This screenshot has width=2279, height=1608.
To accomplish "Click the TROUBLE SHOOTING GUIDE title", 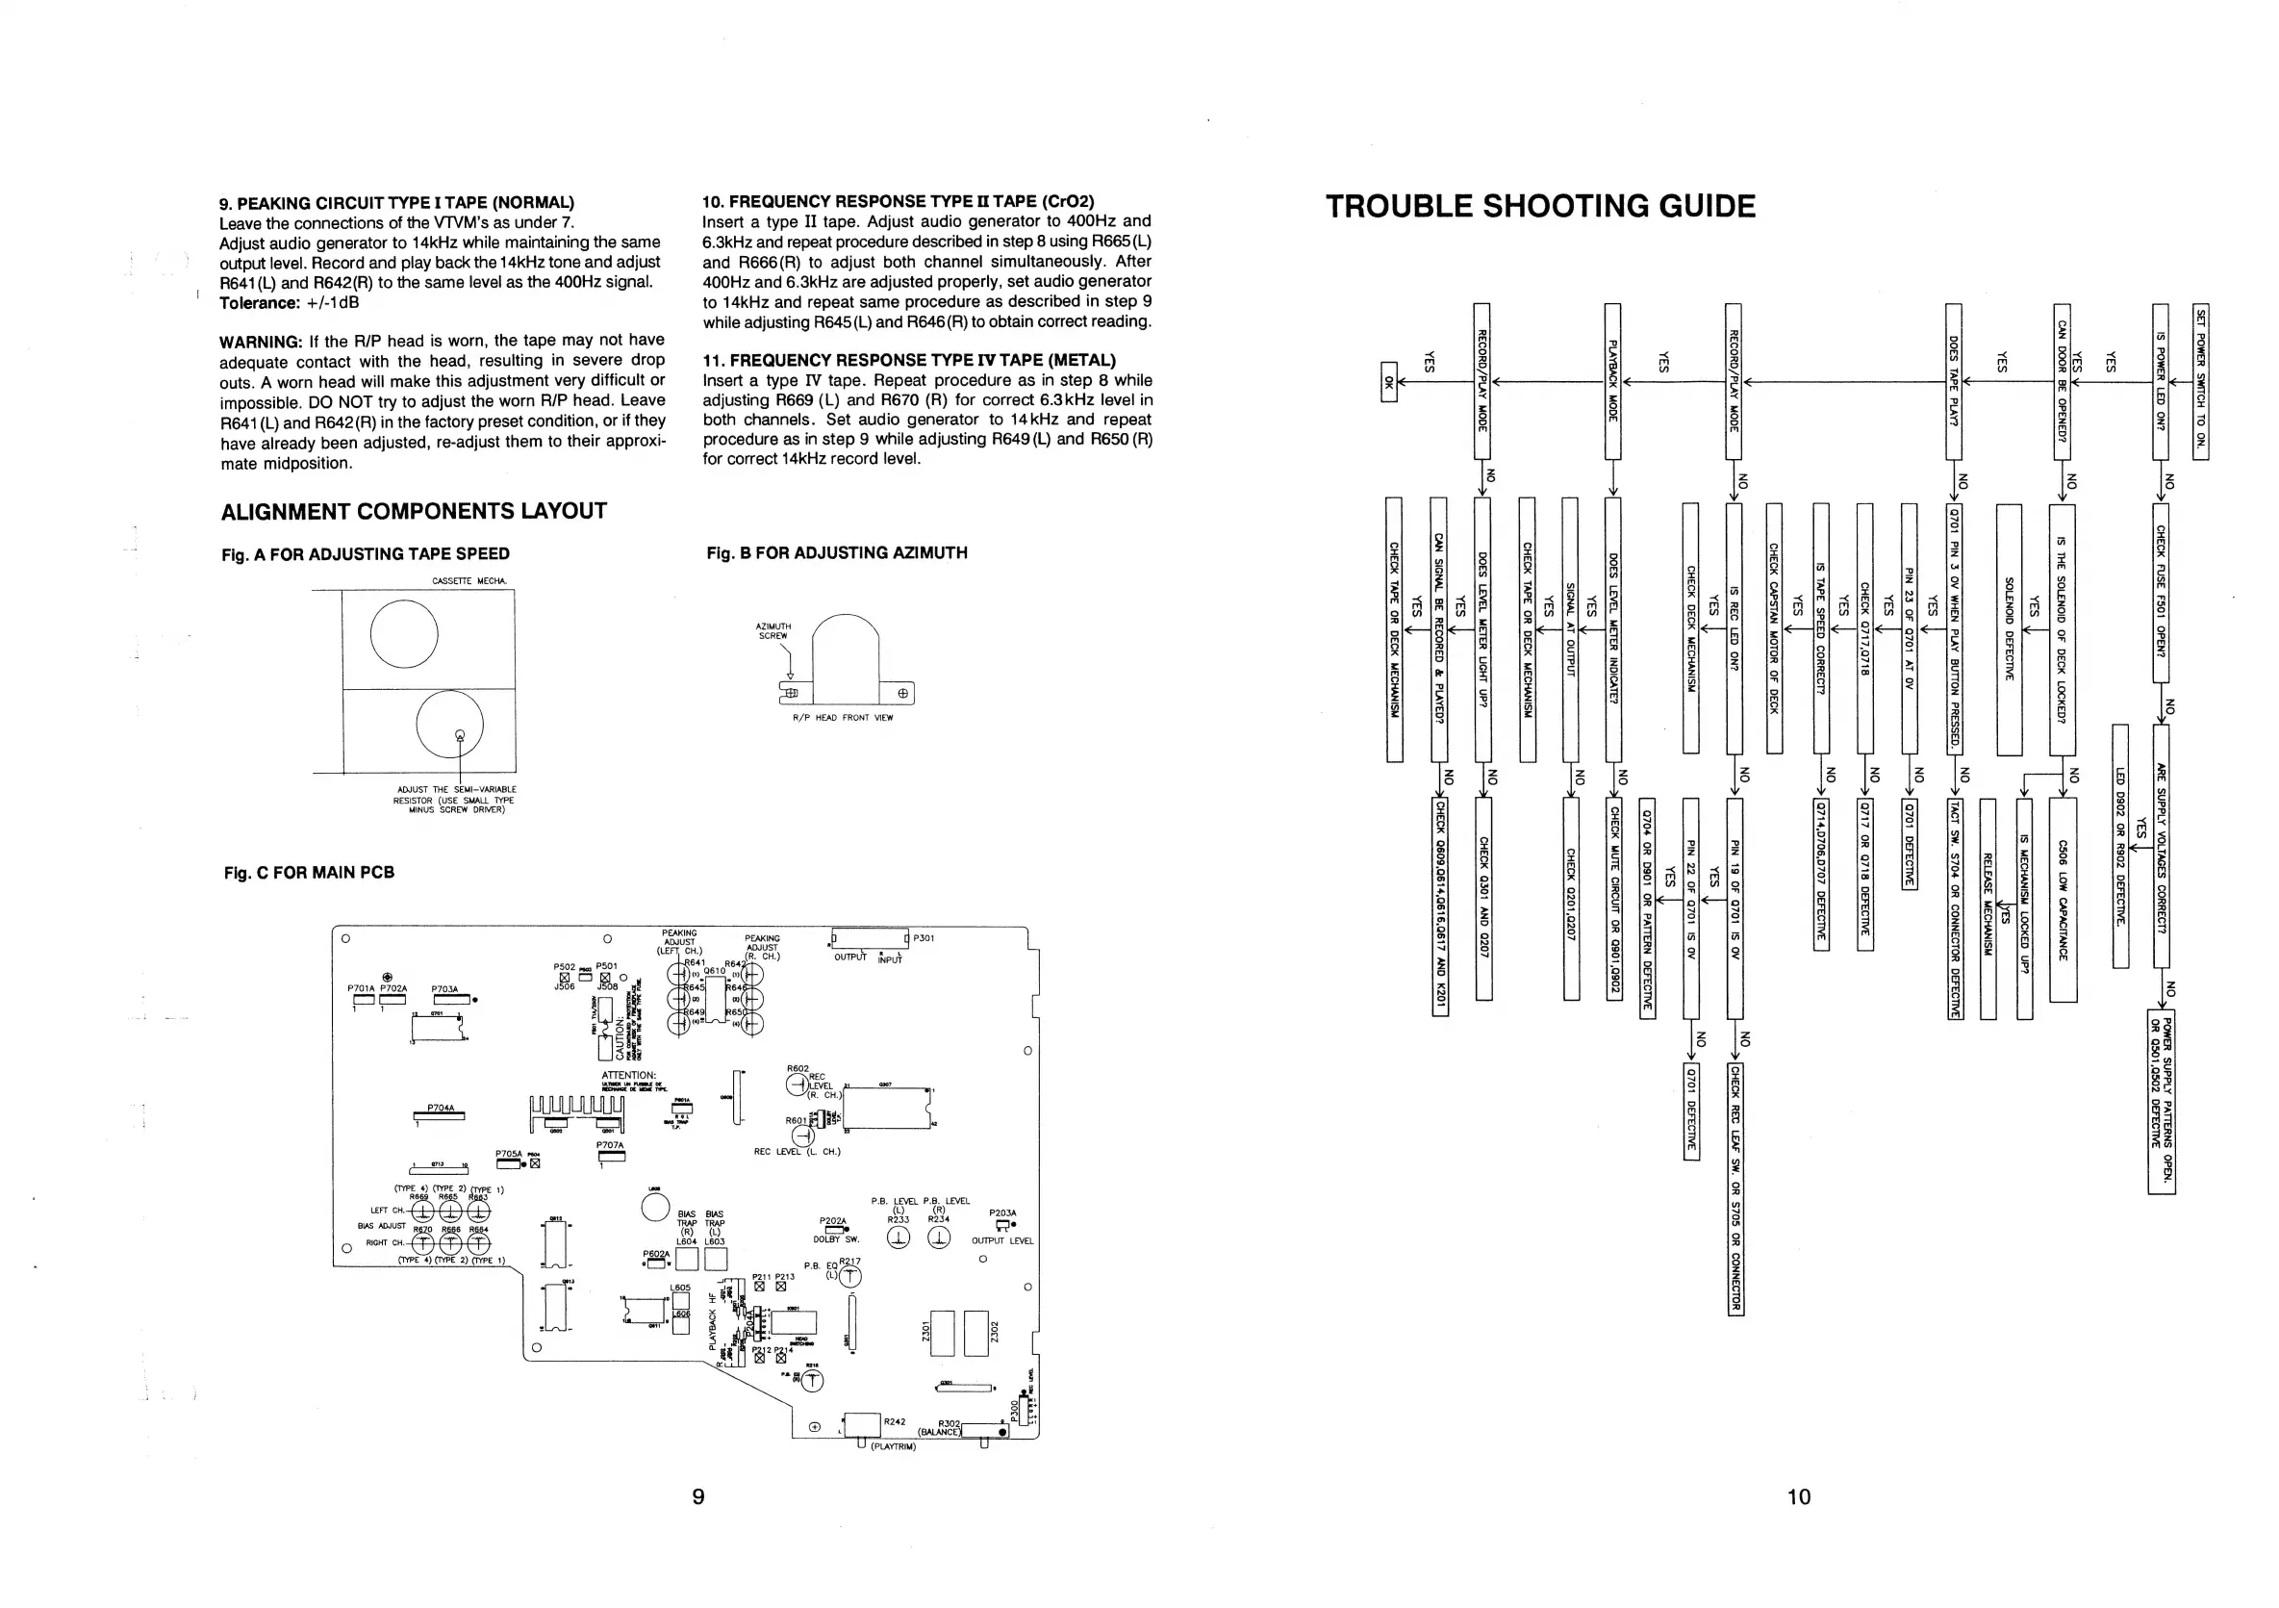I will pyautogui.click(x=1540, y=207).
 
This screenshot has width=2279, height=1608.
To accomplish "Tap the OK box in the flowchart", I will pyautogui.click(x=1388, y=382).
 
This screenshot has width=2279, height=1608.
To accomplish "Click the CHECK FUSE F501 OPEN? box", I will pyautogui.click(x=2160, y=593).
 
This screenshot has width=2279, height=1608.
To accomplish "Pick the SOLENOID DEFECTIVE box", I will pyautogui.click(x=2008, y=629).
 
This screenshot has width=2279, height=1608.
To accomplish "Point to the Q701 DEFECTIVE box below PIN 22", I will pyautogui.click(x=1691, y=1110).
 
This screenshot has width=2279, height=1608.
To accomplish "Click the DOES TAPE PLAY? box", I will pyautogui.click(x=1954, y=381).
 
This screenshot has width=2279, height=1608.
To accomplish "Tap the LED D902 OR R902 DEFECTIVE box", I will pyautogui.click(x=2120, y=846).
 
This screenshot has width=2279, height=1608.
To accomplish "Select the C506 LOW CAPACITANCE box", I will pyautogui.click(x=2063, y=900).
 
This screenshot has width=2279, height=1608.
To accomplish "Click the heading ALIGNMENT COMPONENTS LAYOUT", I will pyautogui.click(x=413, y=511).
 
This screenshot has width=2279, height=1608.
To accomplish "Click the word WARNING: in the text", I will pyautogui.click(x=260, y=341).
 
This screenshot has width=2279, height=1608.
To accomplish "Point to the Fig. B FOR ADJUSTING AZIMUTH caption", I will pyautogui.click(x=836, y=553).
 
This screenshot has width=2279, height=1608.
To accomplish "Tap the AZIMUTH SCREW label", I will pyautogui.click(x=773, y=631).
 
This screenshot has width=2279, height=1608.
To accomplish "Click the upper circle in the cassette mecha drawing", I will pyautogui.click(x=404, y=634).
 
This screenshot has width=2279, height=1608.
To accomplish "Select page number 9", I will pyautogui.click(x=697, y=1496).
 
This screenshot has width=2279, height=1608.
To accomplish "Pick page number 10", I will pyautogui.click(x=1799, y=1496).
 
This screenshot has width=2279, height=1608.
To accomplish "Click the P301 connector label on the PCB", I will pyautogui.click(x=924, y=938).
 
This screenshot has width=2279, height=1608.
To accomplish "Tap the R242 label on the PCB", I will pyautogui.click(x=895, y=1422).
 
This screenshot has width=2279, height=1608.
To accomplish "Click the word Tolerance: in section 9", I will pyautogui.click(x=259, y=303).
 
